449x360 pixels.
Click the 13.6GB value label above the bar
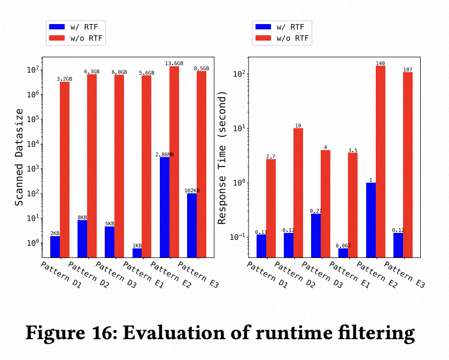174,63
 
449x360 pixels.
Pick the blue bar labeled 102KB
192,225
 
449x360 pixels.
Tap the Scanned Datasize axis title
19,157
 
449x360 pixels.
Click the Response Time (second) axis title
222,157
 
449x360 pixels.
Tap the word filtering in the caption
378,333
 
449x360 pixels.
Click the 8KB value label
83,217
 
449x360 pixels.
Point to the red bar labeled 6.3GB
92,166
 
